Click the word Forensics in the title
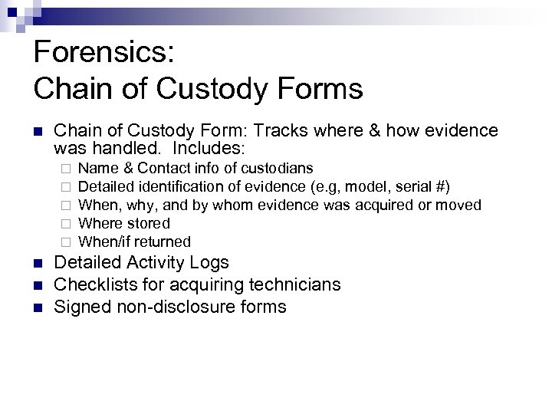[x=103, y=54]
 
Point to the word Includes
[x=209, y=148]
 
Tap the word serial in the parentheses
[x=412, y=186]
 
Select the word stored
[x=149, y=224]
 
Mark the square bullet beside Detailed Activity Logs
[x=39, y=264]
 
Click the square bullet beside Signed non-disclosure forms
[x=39, y=308]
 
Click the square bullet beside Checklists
[x=39, y=286]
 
